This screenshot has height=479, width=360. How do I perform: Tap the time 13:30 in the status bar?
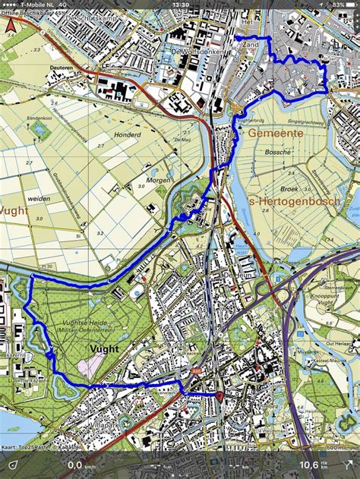click(180, 5)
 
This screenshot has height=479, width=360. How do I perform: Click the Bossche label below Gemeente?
click(278, 152)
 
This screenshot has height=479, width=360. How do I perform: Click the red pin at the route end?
click(219, 395)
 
